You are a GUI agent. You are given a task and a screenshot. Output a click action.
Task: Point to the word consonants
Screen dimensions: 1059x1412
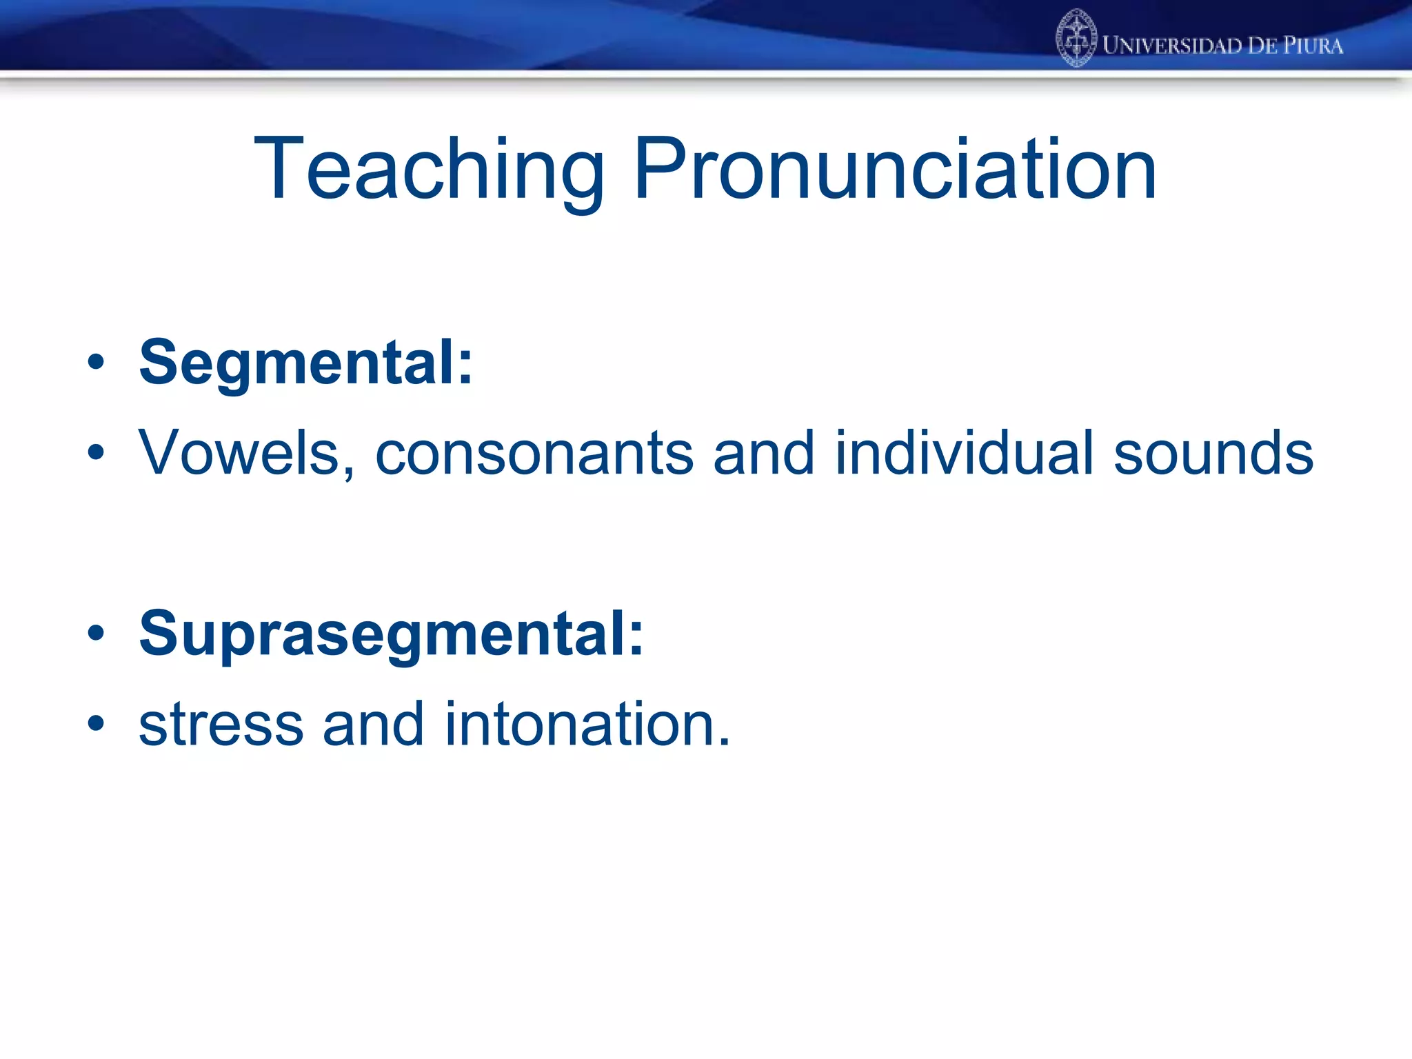[534, 453]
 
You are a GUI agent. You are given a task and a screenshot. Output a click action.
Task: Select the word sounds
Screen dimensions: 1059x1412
[1213, 453]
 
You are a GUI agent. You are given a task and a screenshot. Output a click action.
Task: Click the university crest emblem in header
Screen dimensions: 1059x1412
[1076, 39]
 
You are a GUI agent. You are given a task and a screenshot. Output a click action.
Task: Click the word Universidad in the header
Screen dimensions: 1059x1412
[1172, 46]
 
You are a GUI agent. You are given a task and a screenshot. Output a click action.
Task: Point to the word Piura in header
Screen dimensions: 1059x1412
[1313, 46]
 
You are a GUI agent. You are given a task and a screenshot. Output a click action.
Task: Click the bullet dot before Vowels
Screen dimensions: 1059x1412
[96, 453]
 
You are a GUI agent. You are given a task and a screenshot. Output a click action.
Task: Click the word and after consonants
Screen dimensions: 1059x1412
[764, 453]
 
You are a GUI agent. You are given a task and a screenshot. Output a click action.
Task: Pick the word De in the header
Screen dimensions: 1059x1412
[1262, 46]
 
